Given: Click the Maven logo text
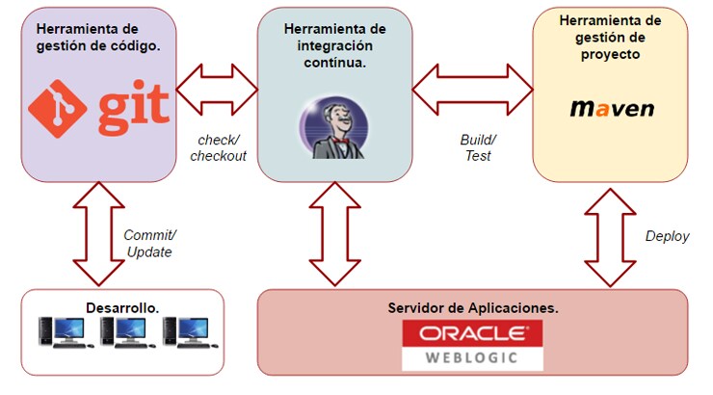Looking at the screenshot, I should (611, 107).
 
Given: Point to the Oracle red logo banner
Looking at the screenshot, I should (472, 333).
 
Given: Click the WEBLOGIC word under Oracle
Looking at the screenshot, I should (472, 357).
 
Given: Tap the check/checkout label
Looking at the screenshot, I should (218, 147).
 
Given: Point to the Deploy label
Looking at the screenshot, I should (667, 236).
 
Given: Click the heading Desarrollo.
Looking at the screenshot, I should (121, 307).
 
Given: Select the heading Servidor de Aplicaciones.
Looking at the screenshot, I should (472, 308).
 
